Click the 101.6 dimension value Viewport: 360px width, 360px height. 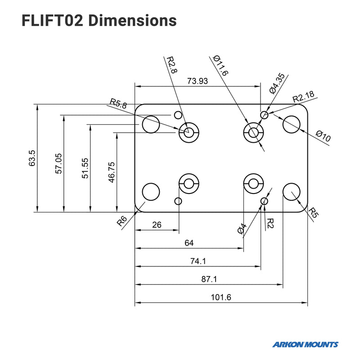coord(221,297)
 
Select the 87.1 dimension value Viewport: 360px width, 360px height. coord(209,279)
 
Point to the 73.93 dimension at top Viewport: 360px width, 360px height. coord(198,81)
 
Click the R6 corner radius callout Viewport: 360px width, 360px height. coord(121,221)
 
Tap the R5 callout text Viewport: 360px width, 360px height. coord(313,212)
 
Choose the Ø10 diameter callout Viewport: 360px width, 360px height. coord(323,136)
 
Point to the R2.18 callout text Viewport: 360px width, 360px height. coord(303,97)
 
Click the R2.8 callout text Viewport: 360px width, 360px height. coord(171,65)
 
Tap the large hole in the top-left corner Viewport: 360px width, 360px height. coord(151,124)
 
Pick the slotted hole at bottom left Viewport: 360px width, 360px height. coord(188,183)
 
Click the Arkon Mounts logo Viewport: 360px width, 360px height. coord(305,345)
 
